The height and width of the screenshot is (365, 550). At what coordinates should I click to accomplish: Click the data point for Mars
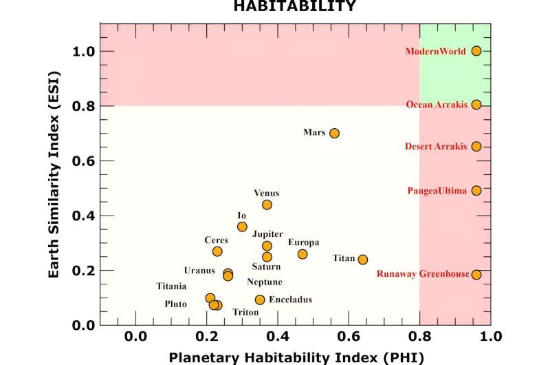click(x=334, y=133)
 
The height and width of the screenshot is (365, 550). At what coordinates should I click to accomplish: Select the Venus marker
click(x=267, y=205)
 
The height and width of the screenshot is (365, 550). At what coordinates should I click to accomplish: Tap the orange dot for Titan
click(x=363, y=260)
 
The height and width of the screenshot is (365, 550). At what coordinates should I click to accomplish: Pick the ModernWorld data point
click(x=476, y=51)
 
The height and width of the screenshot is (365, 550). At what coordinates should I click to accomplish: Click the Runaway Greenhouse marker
click(x=476, y=274)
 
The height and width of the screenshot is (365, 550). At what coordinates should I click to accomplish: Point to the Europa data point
click(x=302, y=254)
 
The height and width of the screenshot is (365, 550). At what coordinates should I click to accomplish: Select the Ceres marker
click(x=217, y=251)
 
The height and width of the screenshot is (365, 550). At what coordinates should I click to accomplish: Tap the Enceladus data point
click(x=260, y=300)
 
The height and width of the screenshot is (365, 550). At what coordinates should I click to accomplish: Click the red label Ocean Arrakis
click(x=437, y=105)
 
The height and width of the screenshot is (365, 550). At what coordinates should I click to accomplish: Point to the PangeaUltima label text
click(x=437, y=190)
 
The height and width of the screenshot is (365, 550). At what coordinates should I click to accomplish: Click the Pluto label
click(x=175, y=304)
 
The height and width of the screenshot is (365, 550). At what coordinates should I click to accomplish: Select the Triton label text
click(x=245, y=312)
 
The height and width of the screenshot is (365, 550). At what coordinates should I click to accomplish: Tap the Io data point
click(x=242, y=227)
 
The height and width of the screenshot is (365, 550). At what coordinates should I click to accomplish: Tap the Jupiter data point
click(x=267, y=246)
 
